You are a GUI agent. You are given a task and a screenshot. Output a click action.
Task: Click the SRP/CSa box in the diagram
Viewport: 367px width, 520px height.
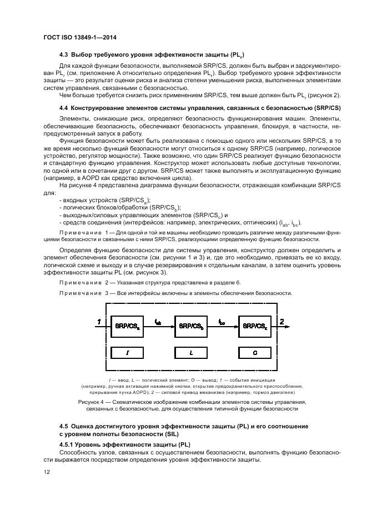[x=127, y=326]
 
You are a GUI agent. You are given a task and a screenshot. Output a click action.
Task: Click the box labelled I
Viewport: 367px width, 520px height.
[x=127, y=352]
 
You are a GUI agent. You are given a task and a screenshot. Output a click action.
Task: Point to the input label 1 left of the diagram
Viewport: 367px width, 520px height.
[x=98, y=322]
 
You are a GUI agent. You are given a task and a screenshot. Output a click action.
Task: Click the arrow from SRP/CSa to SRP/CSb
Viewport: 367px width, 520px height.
[x=159, y=327]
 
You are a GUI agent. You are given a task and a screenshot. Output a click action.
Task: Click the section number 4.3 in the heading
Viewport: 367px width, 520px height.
[x=64, y=54]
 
